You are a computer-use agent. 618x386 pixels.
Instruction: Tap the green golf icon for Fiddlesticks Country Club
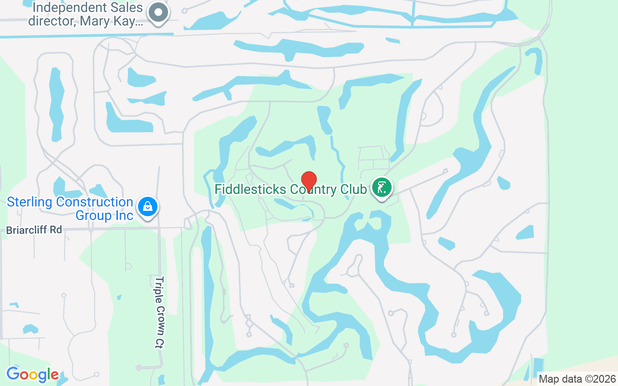click(x=381, y=187)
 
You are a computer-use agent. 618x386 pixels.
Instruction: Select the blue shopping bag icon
click(x=148, y=207)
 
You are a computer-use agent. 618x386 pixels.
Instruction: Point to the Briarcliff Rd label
click(x=34, y=230)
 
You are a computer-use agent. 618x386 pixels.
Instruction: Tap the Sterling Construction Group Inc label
click(x=70, y=208)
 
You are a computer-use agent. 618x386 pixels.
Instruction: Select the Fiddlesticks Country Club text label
click(x=290, y=189)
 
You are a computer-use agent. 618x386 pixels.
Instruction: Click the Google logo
click(x=32, y=374)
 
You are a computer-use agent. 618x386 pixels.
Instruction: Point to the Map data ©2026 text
click(x=577, y=379)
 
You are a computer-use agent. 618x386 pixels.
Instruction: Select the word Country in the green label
click(x=314, y=189)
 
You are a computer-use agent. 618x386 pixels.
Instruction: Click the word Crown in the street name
click(x=159, y=315)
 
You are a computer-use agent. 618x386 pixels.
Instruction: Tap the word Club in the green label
click(x=353, y=189)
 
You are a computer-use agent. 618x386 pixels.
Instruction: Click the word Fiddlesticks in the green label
click(x=250, y=189)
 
